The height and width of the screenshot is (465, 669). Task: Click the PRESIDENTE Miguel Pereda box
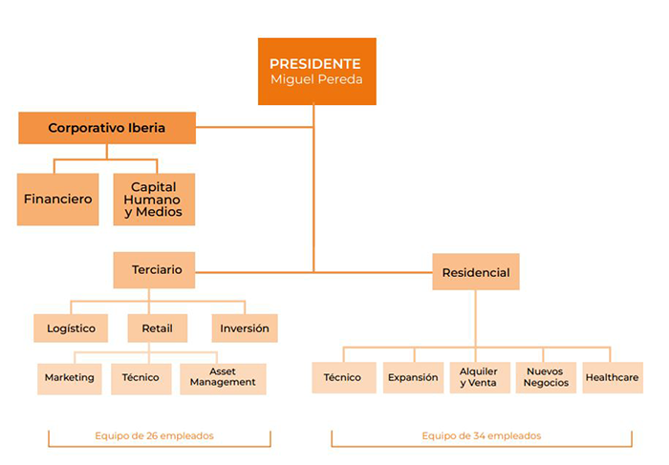tap(316, 71)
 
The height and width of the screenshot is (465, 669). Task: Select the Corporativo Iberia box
tap(107, 128)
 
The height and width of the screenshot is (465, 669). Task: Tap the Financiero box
tap(57, 200)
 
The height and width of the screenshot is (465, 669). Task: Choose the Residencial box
tap(475, 272)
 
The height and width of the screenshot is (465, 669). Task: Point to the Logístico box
tap(72, 328)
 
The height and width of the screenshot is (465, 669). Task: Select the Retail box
tap(157, 328)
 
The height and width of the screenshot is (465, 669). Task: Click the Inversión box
tap(244, 328)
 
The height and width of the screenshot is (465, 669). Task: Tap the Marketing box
tap(70, 378)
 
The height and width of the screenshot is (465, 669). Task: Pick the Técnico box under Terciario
tap(140, 378)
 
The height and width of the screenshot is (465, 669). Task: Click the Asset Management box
tap(223, 378)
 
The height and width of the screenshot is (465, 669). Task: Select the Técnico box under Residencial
tap(342, 378)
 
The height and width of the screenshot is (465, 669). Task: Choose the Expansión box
tap(413, 378)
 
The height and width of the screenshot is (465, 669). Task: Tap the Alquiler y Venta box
tap(479, 378)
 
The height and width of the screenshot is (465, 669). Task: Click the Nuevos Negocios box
tap(546, 378)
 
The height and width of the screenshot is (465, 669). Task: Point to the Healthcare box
tap(612, 378)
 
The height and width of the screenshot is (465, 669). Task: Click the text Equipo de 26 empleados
tap(154, 436)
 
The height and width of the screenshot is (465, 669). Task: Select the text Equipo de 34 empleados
tap(481, 436)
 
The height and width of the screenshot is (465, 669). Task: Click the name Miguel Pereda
tap(316, 80)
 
